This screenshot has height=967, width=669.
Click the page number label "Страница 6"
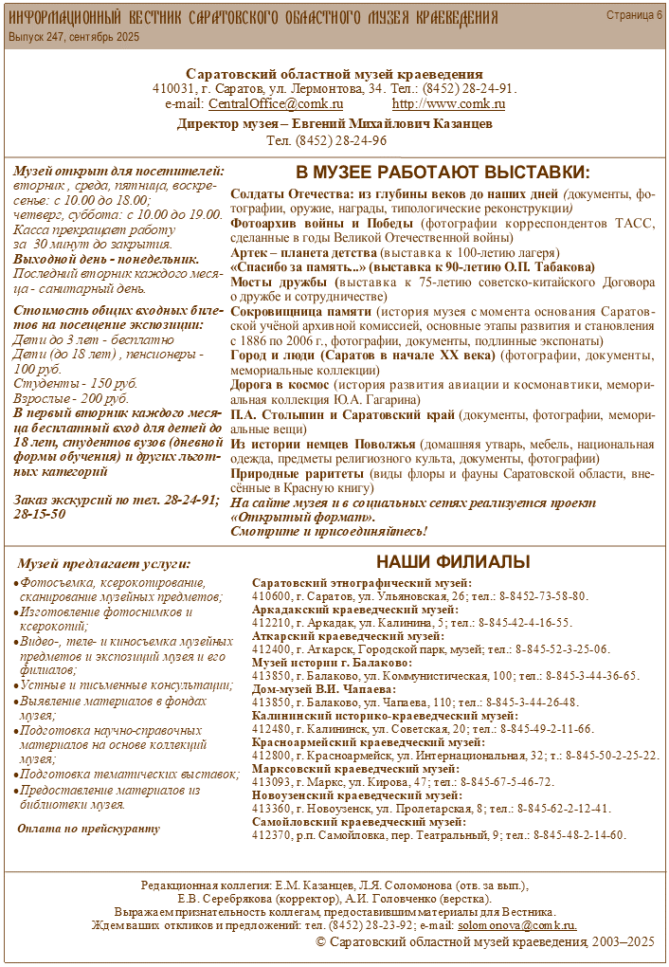634,15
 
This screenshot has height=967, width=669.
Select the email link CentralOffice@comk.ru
276,104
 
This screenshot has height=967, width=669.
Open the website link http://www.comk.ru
448,104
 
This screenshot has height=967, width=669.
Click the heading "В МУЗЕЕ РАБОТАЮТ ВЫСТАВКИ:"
443,173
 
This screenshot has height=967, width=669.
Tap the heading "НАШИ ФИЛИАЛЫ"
453,562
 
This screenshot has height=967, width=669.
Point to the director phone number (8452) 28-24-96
326,140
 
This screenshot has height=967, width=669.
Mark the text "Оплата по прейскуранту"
89,828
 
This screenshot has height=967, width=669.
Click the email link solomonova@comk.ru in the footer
516,924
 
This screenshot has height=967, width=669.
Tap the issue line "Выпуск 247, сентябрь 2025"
74,36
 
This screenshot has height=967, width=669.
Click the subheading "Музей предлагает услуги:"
104,563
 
